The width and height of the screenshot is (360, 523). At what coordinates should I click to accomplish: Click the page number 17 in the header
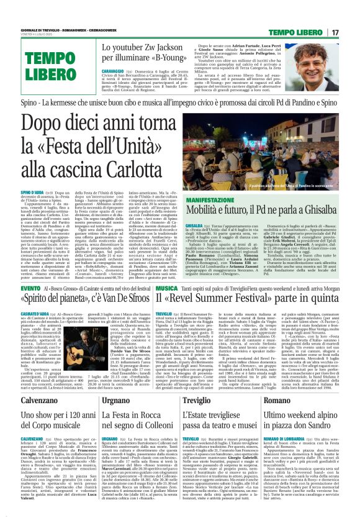352,32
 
